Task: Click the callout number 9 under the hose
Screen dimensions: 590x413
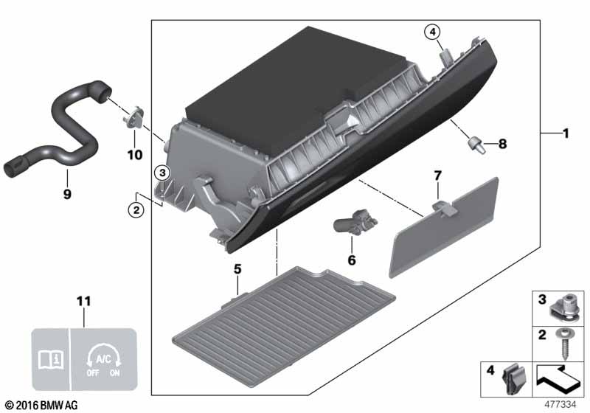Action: click(67, 194)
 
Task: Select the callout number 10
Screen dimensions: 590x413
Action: click(135, 155)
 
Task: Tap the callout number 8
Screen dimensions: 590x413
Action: click(502, 144)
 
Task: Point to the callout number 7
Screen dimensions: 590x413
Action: click(437, 176)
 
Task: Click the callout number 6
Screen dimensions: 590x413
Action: click(352, 260)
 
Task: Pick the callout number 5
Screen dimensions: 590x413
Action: click(237, 269)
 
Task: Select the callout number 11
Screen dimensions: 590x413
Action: click(84, 302)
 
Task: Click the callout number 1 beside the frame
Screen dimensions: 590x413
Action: click(565, 133)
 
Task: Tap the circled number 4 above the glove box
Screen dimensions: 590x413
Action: click(432, 32)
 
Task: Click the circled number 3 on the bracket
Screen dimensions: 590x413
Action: click(162, 173)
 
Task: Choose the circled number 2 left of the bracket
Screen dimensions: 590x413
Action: click(136, 209)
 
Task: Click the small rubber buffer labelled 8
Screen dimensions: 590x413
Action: click(476, 145)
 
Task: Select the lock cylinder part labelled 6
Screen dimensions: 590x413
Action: click(355, 221)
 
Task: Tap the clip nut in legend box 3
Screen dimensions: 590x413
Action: click(565, 308)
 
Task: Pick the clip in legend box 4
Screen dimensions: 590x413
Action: click(512, 379)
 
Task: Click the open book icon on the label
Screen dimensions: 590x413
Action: click(52, 360)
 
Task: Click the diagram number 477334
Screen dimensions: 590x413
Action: click(560, 404)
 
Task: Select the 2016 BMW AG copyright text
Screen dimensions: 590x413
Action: click(42, 405)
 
